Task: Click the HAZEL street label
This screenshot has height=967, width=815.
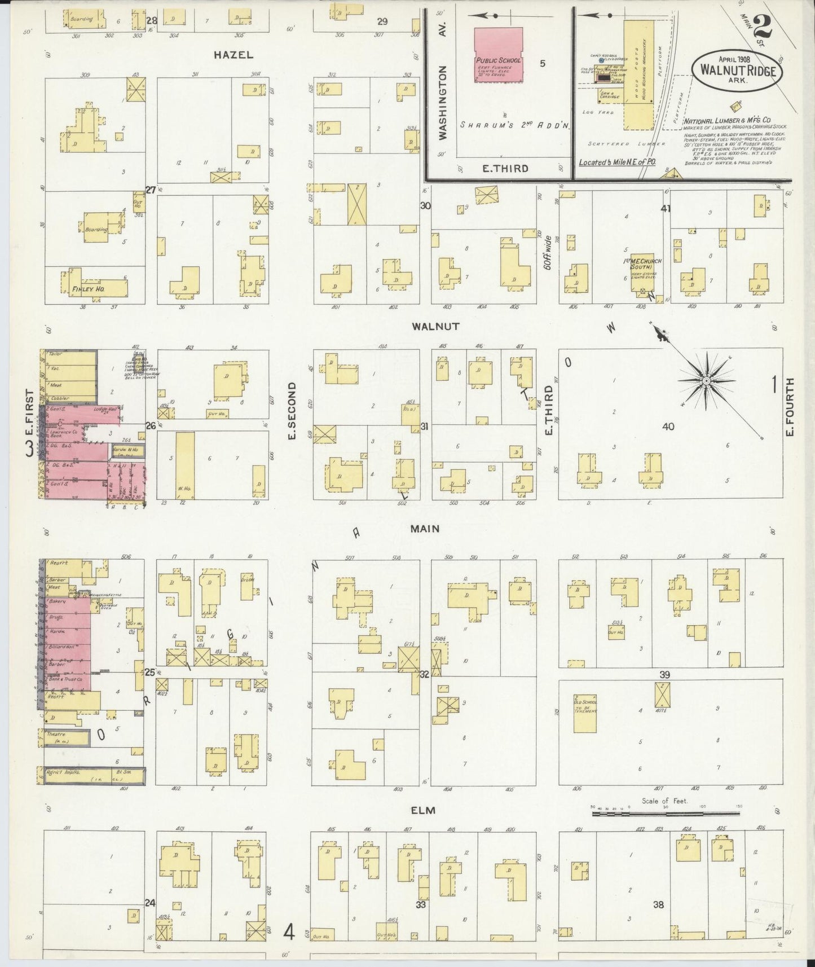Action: [233, 55]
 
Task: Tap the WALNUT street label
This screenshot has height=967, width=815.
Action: [435, 326]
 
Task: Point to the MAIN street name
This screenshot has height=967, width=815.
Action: [425, 529]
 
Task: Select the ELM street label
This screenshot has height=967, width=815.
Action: [424, 810]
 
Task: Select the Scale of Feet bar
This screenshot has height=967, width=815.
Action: [666, 814]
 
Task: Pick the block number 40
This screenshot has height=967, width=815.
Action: [668, 427]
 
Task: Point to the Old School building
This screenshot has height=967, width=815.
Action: [585, 715]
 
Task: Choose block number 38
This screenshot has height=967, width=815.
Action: [658, 904]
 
